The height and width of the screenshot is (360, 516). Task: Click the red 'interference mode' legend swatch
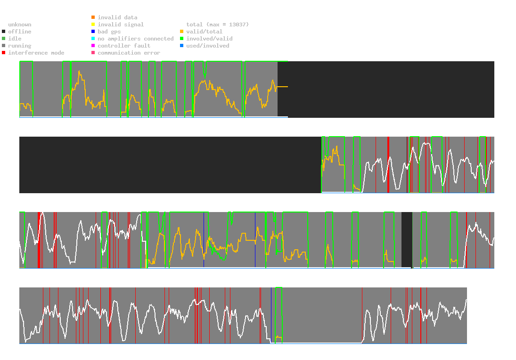pos(3,53)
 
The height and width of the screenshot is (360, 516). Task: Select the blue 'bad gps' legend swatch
pos(93,32)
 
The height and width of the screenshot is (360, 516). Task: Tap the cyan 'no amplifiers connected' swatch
pos(93,39)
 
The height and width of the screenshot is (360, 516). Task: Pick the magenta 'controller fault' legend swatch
pos(93,46)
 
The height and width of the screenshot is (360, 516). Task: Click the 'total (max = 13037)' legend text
pos(217,25)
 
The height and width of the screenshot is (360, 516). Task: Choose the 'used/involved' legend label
pos(208,46)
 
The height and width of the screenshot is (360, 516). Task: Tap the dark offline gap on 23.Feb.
pos(407,239)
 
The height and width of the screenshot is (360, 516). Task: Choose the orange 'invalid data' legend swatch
pos(93,17)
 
